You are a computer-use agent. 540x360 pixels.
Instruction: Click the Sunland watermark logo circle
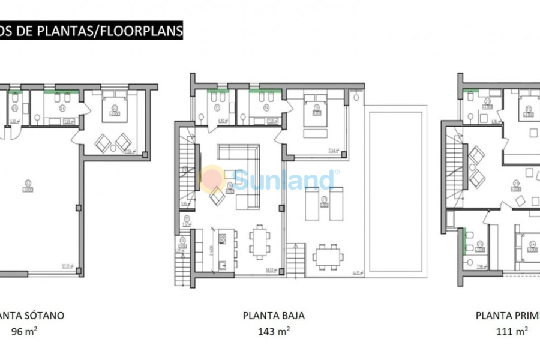(211, 178)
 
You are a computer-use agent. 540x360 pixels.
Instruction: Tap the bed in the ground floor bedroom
(316, 109)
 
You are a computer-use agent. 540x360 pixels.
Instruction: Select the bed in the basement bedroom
(115, 107)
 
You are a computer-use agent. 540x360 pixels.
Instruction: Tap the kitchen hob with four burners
(221, 238)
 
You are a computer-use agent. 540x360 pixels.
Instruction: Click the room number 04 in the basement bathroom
(62, 108)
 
